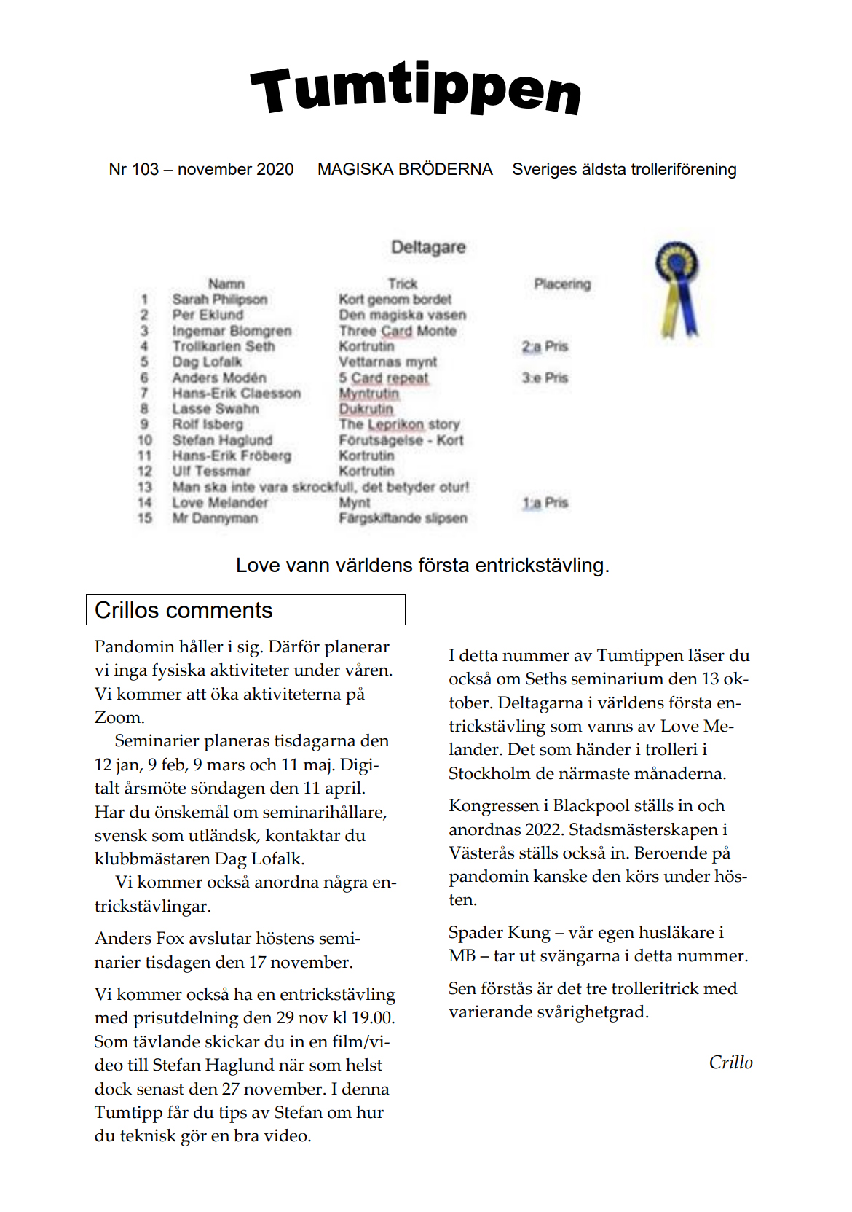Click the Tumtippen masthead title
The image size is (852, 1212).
(416, 90)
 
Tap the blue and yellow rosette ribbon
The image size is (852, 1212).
(677, 288)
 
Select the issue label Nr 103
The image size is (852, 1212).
(134, 170)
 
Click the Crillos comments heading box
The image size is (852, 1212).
(245, 610)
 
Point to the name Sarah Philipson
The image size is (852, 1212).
(219, 300)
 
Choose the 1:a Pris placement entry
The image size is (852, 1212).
(545, 503)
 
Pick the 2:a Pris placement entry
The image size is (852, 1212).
(545, 347)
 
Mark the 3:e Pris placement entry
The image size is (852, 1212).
(545, 378)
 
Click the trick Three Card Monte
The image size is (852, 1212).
(398, 331)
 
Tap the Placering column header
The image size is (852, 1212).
(562, 284)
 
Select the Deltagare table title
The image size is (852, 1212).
(428, 247)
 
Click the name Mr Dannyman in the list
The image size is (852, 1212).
(215, 518)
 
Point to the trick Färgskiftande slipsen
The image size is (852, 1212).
(403, 518)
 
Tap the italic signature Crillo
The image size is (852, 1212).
(730, 1063)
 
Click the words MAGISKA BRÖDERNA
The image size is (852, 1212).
(405, 170)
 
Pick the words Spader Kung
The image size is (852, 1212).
(500, 933)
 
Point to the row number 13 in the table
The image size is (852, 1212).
(145, 487)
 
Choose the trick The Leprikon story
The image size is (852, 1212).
(399, 424)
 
